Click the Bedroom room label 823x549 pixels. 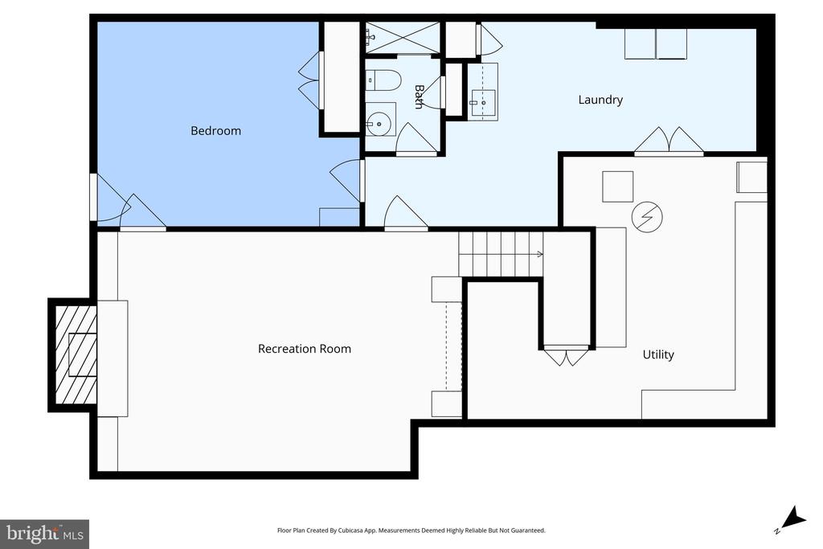[215, 131]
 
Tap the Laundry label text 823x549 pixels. [600, 100]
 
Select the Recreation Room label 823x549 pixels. [305, 349]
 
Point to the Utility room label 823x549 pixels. [658, 354]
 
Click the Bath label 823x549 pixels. [419, 97]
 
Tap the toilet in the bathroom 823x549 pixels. [383, 80]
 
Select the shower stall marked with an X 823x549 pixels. [403, 37]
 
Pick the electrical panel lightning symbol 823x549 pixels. [647, 217]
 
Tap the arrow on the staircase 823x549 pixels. [538, 255]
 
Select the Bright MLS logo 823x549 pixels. [45, 535]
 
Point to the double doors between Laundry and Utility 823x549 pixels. [669, 141]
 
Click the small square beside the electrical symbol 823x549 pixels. [618, 186]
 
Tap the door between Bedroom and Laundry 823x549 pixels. [346, 181]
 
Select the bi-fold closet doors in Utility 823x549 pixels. [566, 356]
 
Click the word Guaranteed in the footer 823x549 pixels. [527, 531]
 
